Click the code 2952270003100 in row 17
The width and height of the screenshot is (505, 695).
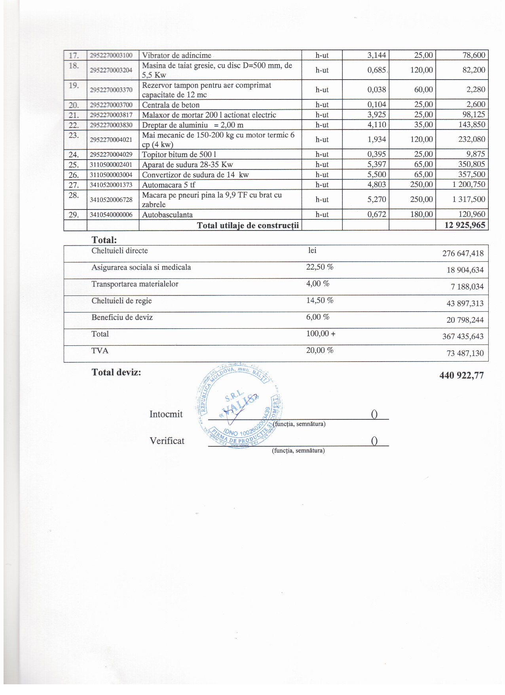(111, 55)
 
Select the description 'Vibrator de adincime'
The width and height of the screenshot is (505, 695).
(177, 55)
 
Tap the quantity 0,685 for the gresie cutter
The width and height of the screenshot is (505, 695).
(376, 70)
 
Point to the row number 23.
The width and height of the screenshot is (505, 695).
(74, 135)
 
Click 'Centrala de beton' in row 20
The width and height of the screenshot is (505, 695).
(171, 105)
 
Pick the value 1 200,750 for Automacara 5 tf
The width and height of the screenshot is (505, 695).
(469, 185)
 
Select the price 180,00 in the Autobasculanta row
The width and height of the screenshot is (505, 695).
(421, 214)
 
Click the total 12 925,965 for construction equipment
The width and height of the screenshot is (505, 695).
(461, 225)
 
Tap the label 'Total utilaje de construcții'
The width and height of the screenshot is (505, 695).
(248, 226)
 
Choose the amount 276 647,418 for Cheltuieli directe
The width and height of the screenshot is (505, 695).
(463, 253)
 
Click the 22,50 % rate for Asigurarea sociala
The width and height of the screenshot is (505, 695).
(320, 267)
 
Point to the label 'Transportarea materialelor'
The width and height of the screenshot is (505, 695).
(135, 284)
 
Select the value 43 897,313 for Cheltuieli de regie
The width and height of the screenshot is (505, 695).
(465, 303)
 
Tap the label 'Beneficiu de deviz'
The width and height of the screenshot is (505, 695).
(122, 317)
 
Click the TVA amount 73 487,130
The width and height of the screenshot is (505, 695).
(465, 353)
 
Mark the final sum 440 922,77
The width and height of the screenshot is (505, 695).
(461, 375)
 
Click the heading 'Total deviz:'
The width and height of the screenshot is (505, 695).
(116, 372)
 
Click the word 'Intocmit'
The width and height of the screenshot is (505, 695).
(166, 414)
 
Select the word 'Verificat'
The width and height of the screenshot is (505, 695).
(167, 441)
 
